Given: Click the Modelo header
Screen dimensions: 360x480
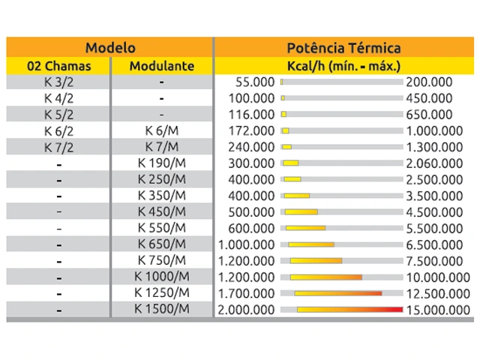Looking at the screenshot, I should (109, 47).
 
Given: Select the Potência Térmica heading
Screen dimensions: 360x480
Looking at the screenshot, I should (344, 47).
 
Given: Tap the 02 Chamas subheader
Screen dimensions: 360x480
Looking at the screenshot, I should (58, 66).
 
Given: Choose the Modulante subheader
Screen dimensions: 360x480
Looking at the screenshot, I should (161, 66).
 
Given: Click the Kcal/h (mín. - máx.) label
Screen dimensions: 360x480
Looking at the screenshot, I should (344, 66).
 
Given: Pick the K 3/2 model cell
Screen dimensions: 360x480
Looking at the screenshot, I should (58, 82).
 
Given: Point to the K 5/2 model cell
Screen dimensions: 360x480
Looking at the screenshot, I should (58, 114).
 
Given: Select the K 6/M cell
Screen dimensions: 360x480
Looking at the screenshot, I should (161, 130).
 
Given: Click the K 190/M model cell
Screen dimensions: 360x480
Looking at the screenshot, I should (161, 163).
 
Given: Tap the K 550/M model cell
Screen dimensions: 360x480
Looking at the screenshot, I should (161, 227).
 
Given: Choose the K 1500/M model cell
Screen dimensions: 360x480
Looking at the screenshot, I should (161, 308).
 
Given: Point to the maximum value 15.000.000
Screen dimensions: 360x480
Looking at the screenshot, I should (438, 309).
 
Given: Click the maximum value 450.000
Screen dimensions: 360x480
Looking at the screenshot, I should (429, 98).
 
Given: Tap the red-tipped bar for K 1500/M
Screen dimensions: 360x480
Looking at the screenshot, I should (349, 309).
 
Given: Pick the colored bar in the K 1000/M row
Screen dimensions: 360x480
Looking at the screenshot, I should (326, 277).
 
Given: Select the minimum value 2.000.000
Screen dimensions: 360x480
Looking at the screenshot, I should (246, 309).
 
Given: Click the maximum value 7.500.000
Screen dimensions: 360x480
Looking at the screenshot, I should (434, 260).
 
